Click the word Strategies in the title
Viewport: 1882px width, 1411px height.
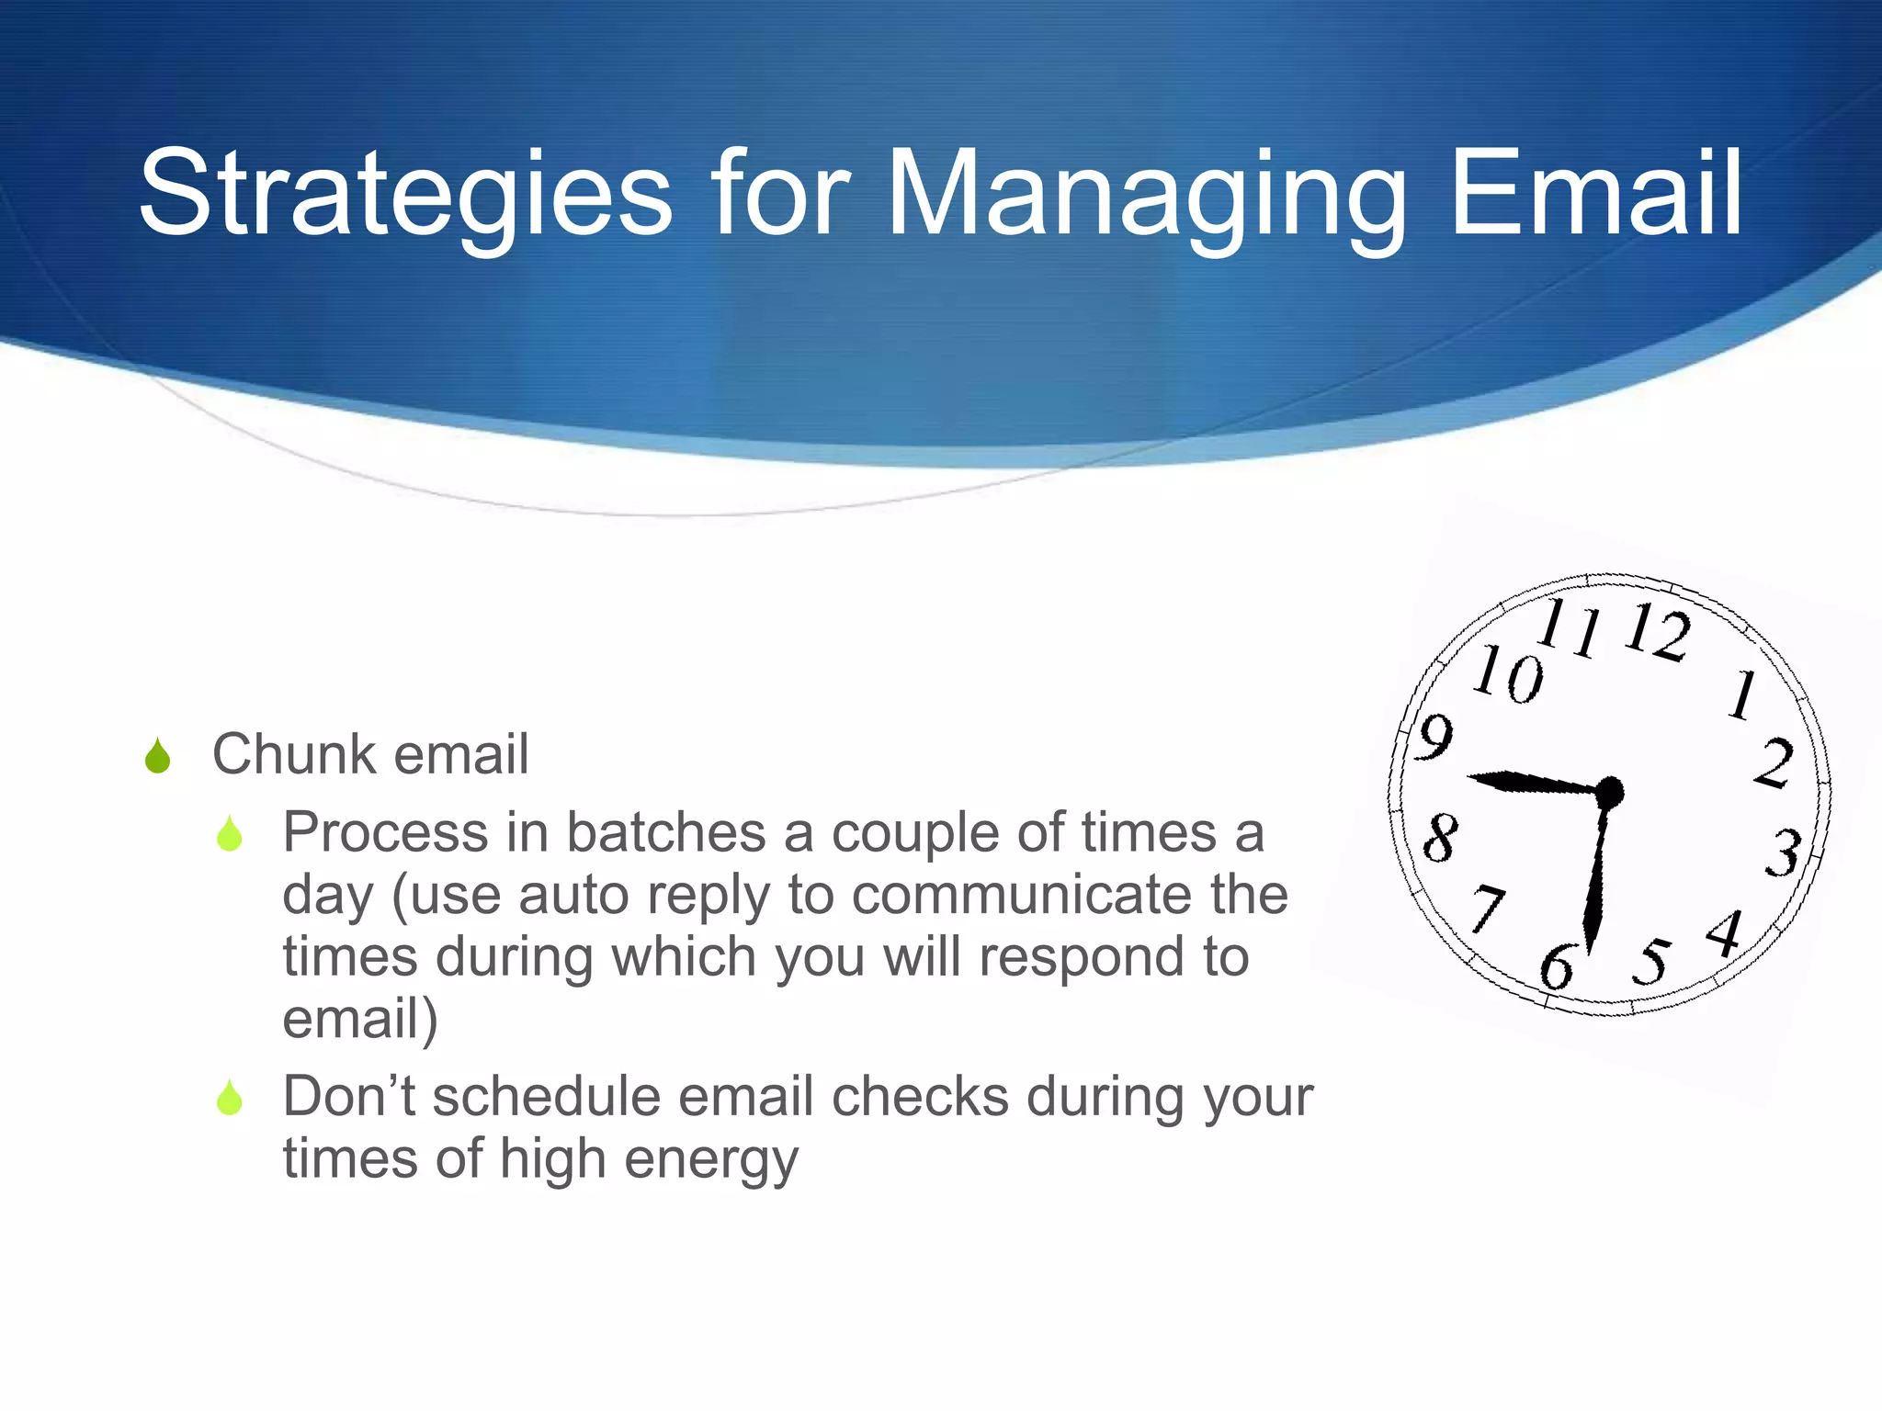[405, 195]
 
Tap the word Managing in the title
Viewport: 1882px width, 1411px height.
[1145, 195]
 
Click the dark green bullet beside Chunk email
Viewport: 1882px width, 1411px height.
[158, 756]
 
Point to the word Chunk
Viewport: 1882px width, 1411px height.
[294, 754]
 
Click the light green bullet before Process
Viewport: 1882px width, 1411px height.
[230, 833]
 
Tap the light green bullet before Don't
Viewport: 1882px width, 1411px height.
[230, 1097]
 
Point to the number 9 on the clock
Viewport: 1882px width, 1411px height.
[1434, 737]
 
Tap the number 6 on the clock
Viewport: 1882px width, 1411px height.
[1557, 966]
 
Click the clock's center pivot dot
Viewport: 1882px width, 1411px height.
[1609, 791]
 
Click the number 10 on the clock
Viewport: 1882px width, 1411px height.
[1508, 674]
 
